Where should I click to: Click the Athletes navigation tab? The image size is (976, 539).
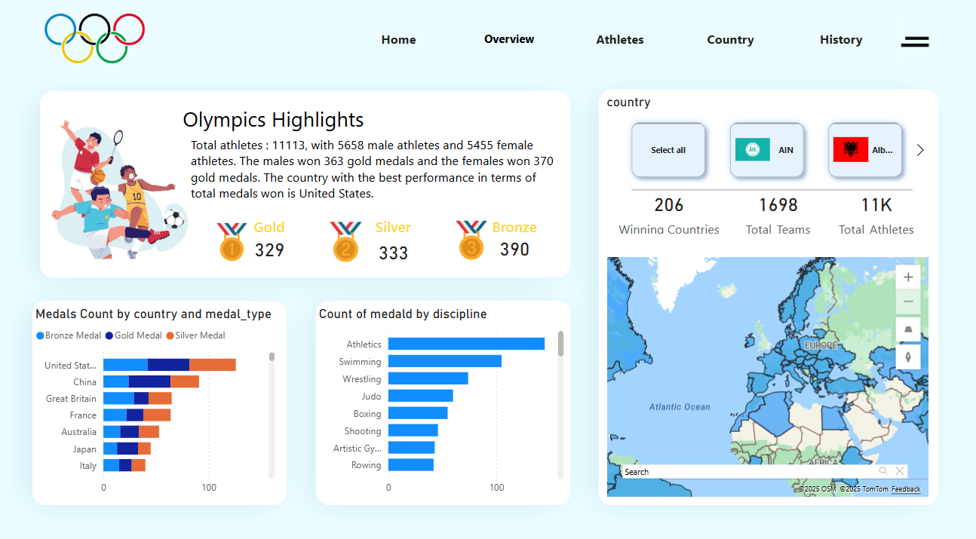619,40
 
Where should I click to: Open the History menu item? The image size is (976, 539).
840,40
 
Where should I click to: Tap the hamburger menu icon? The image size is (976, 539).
914,42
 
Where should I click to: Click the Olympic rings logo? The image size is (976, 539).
94,38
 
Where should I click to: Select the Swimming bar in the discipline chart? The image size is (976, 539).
444,362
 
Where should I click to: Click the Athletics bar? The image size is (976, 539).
466,345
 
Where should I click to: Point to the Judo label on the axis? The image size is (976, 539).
371,397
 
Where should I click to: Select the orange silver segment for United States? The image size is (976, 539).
212,365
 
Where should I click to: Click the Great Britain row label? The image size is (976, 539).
71,399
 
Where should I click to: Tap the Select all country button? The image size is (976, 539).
668,150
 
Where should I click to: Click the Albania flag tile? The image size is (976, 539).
865,150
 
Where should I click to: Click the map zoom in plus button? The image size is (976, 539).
907,277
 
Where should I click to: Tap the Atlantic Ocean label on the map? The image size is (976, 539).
680,407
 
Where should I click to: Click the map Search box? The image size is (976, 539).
747,472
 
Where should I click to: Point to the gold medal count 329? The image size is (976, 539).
269,250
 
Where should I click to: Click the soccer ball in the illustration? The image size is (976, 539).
174,219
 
